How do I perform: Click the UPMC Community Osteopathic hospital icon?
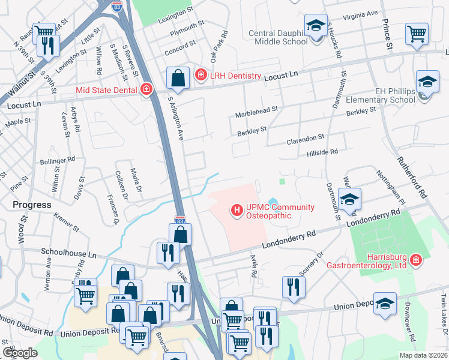(237, 210)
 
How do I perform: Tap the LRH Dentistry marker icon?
(201, 76)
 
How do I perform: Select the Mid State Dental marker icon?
(145, 90)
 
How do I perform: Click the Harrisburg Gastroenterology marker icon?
(415, 260)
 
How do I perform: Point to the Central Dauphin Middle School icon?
(315, 27)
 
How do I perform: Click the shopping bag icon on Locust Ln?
(178, 78)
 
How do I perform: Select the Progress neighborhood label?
(32, 205)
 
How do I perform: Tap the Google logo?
(20, 353)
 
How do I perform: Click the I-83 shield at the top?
(118, 5)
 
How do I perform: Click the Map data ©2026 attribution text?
(423, 355)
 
